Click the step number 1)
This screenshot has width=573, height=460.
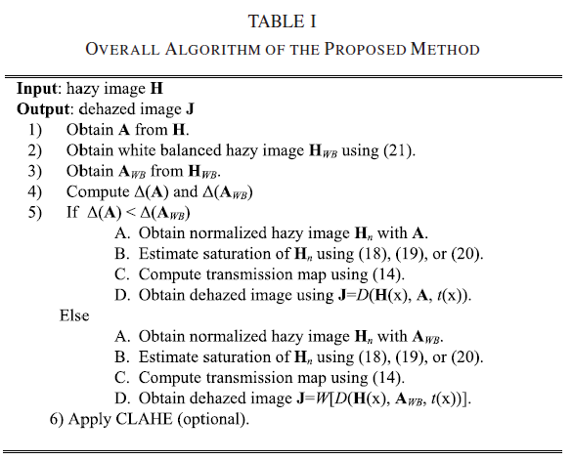[35, 128]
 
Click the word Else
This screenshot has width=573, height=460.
[74, 316]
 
